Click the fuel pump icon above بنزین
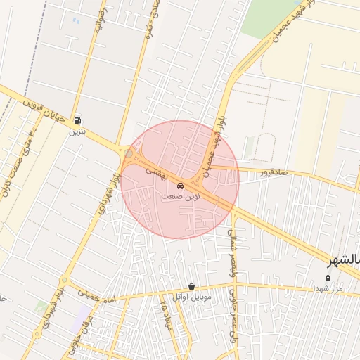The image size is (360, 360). (77, 120)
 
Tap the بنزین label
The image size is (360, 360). (77, 131)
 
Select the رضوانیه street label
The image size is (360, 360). (98, 21)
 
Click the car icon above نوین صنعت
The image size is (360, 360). (181, 186)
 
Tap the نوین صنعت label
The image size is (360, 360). (181, 197)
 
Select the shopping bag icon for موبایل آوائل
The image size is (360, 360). (192, 287)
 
